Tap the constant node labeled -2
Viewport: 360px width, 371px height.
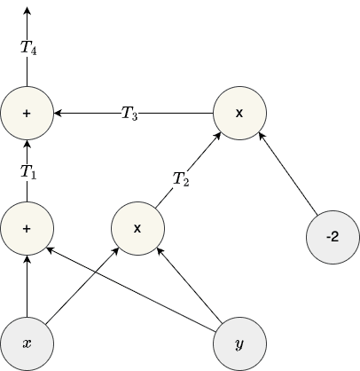(x=331, y=238)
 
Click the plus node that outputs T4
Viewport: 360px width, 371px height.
(x=27, y=114)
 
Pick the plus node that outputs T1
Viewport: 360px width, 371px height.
(x=27, y=228)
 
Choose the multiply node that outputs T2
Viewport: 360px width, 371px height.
(x=137, y=228)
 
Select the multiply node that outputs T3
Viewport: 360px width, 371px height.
(x=239, y=114)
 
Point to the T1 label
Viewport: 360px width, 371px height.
(x=27, y=171)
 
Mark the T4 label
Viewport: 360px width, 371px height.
(x=27, y=49)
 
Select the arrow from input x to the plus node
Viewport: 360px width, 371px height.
(x=27, y=284)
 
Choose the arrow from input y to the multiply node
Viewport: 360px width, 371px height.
(x=189, y=285)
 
